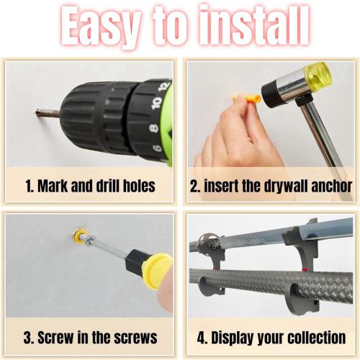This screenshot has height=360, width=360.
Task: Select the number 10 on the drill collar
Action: (x=153, y=102)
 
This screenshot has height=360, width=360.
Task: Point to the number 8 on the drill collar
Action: (x=153, y=127)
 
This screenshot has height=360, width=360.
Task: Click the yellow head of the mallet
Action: (x=316, y=74)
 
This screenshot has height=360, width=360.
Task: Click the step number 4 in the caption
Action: (x=199, y=337)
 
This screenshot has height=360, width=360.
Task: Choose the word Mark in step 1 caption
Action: (x=52, y=186)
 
